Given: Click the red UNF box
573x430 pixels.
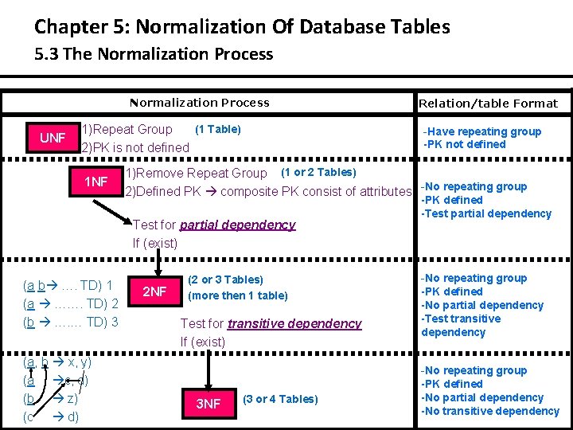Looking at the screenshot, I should click(x=53, y=139).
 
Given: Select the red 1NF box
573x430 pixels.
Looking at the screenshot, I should click(x=95, y=182).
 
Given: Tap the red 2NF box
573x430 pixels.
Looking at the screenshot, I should click(x=154, y=291).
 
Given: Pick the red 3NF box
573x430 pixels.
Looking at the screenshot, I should click(x=209, y=404).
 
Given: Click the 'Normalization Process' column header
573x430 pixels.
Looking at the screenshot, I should click(x=199, y=103).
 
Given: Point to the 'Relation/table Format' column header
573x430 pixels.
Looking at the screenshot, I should click(x=488, y=104).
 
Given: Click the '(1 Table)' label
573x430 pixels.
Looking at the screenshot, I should click(x=218, y=129).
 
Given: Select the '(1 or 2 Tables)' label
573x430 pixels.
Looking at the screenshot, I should click(x=318, y=172).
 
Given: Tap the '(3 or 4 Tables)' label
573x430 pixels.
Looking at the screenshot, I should click(x=280, y=399).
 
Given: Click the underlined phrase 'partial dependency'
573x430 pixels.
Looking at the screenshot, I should click(x=237, y=225).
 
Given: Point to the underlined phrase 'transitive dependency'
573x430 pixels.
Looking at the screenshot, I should click(x=294, y=323).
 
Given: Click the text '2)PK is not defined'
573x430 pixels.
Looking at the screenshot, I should click(x=135, y=147).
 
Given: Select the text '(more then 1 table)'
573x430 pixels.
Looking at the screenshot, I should click(x=237, y=295).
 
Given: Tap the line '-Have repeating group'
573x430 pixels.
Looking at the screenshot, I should click(x=482, y=131).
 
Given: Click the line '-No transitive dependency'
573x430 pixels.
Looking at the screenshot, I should click(x=489, y=411).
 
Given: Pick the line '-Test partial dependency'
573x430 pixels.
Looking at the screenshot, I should click(x=485, y=213).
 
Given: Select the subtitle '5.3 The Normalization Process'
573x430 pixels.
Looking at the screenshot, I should click(x=154, y=54).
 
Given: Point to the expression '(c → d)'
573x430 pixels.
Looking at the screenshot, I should click(x=52, y=416).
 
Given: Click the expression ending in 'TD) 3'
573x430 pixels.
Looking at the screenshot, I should click(x=71, y=322).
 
